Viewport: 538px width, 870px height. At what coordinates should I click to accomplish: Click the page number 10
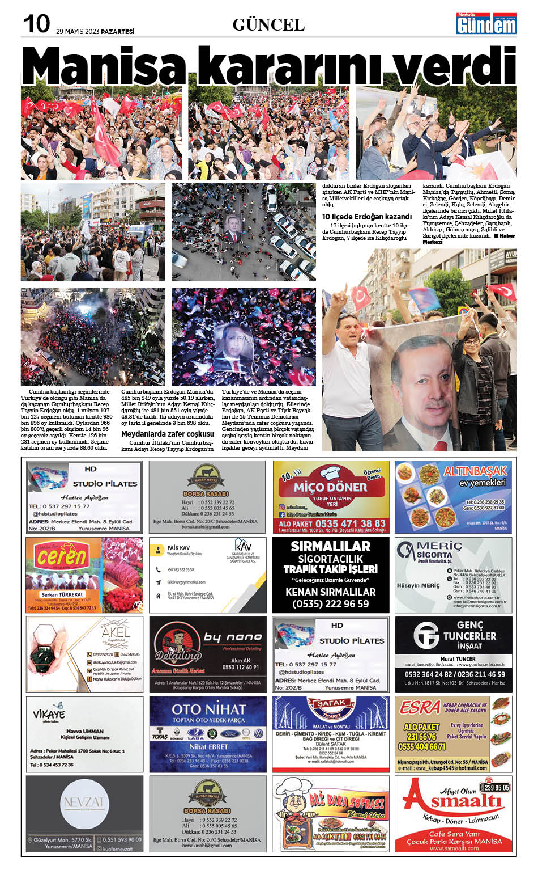coord(36,24)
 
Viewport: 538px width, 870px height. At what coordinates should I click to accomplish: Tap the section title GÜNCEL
coord(268,24)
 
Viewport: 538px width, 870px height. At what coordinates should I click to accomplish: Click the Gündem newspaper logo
coord(486,24)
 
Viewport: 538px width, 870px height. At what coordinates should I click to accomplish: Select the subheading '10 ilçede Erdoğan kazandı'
coord(366,217)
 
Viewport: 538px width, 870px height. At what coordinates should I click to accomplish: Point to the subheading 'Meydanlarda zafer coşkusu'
coord(168,434)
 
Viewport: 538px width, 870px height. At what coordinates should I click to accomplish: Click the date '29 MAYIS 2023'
coord(78,32)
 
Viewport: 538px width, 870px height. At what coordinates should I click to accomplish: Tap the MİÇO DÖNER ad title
coord(330,487)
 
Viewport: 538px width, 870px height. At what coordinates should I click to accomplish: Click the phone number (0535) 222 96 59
coord(331,604)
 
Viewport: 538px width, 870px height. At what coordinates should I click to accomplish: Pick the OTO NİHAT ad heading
coord(208,709)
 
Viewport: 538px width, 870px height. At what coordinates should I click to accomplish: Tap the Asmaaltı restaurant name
coord(453,801)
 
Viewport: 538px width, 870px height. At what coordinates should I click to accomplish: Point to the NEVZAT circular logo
coord(84,803)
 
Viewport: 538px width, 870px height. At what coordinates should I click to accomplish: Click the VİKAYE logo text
coord(49,714)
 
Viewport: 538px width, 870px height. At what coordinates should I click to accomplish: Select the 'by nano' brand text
coord(232,637)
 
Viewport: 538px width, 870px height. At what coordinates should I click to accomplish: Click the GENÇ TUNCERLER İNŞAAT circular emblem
coord(426,635)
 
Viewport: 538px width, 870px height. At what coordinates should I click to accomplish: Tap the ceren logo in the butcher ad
coord(62,558)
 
